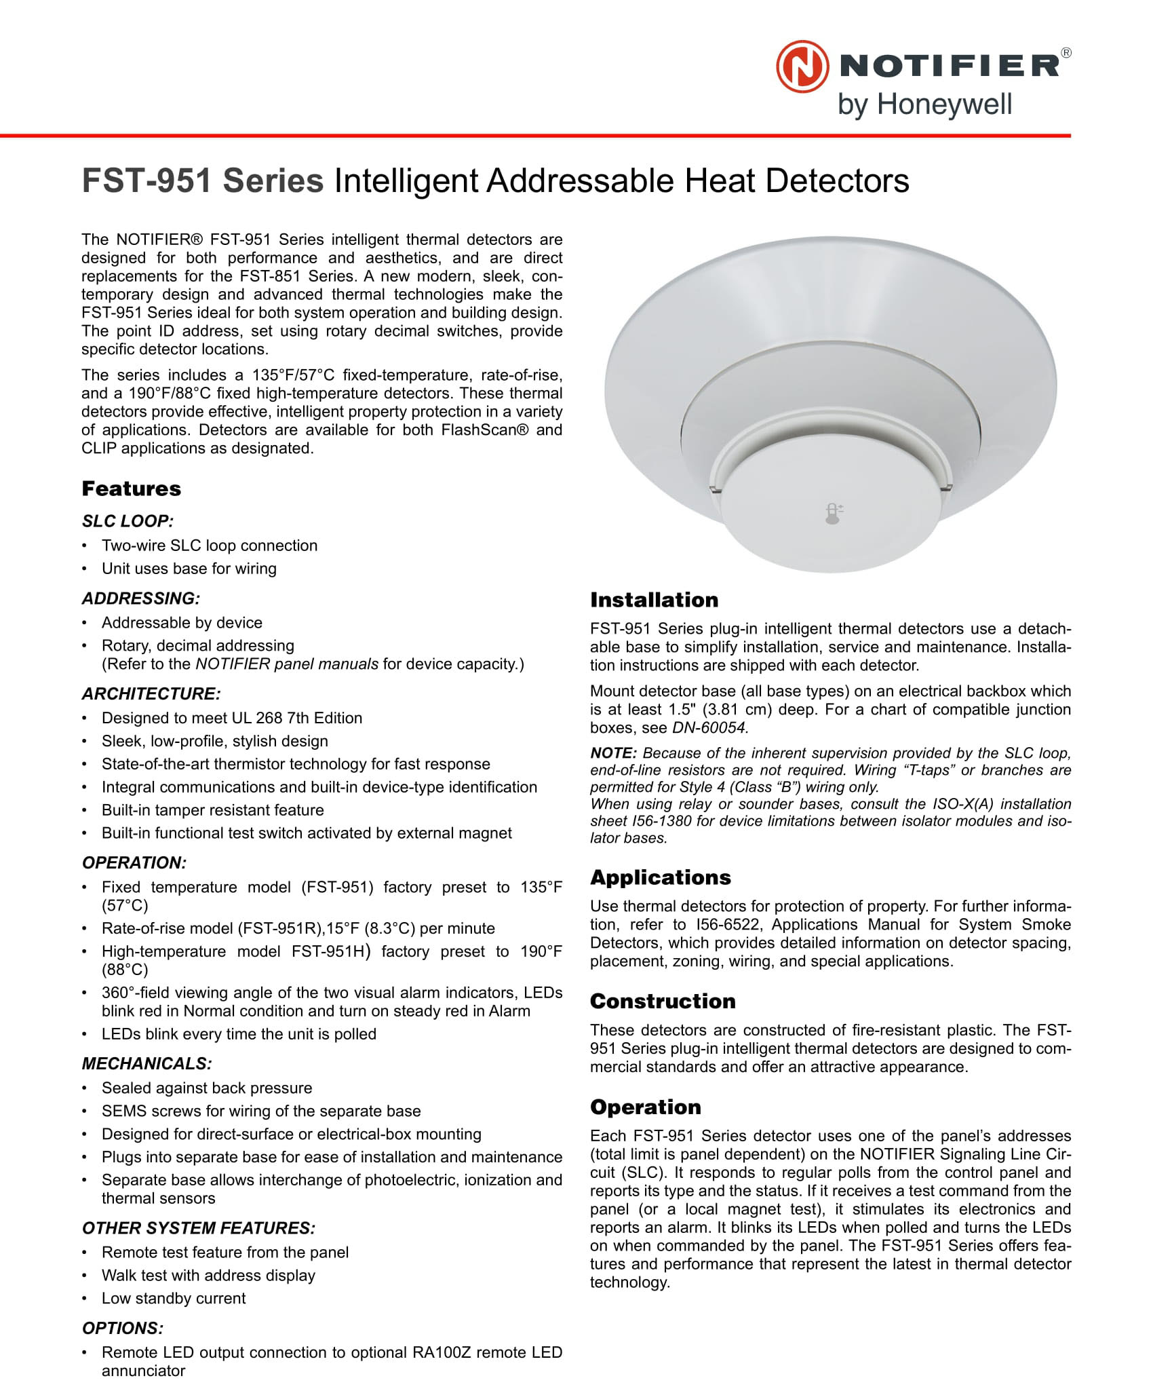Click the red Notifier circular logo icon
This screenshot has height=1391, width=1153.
pyautogui.click(x=802, y=66)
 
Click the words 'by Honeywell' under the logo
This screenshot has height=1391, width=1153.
pyautogui.click(x=924, y=105)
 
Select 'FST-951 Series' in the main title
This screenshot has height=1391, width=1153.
pyautogui.click(x=203, y=181)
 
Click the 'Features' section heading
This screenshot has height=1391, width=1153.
pyautogui.click(x=132, y=489)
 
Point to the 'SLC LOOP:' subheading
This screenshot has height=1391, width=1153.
pyautogui.click(x=128, y=521)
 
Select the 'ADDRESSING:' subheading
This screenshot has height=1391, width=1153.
pyautogui.click(x=141, y=598)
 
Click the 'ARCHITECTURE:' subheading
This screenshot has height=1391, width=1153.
pyautogui.click(x=151, y=693)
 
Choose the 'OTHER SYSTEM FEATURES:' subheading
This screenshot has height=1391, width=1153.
pyautogui.click(x=199, y=1228)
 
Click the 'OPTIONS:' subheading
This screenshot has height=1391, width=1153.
pyautogui.click(x=123, y=1328)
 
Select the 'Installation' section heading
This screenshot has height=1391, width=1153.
pyautogui.click(x=654, y=600)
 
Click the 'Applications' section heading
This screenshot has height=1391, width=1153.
pyautogui.click(x=660, y=877)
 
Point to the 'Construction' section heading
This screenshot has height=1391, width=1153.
pyautogui.click(x=663, y=1001)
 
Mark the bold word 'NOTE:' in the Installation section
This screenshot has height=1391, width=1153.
pyautogui.click(x=613, y=753)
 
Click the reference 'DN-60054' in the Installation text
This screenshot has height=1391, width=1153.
pyautogui.click(x=709, y=727)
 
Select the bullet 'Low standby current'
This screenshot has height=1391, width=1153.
pyautogui.click(x=174, y=1298)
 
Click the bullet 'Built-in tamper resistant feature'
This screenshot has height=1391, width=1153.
pyautogui.click(x=212, y=809)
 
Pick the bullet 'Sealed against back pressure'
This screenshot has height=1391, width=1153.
pyautogui.click(x=207, y=1088)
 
